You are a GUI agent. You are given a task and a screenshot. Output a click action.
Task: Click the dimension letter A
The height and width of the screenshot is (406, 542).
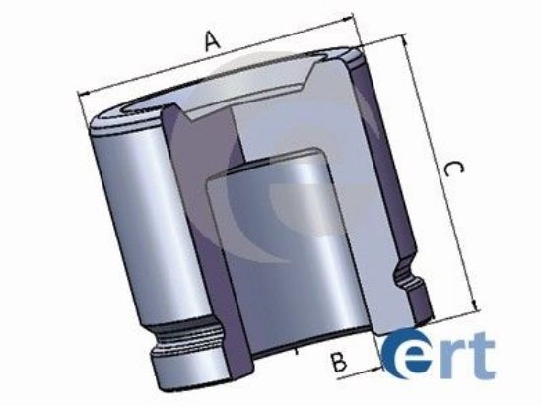(210, 40)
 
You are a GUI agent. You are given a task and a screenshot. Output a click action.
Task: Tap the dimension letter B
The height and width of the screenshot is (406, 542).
(339, 361)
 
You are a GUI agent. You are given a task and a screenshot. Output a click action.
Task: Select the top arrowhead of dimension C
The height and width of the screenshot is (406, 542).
(406, 41)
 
